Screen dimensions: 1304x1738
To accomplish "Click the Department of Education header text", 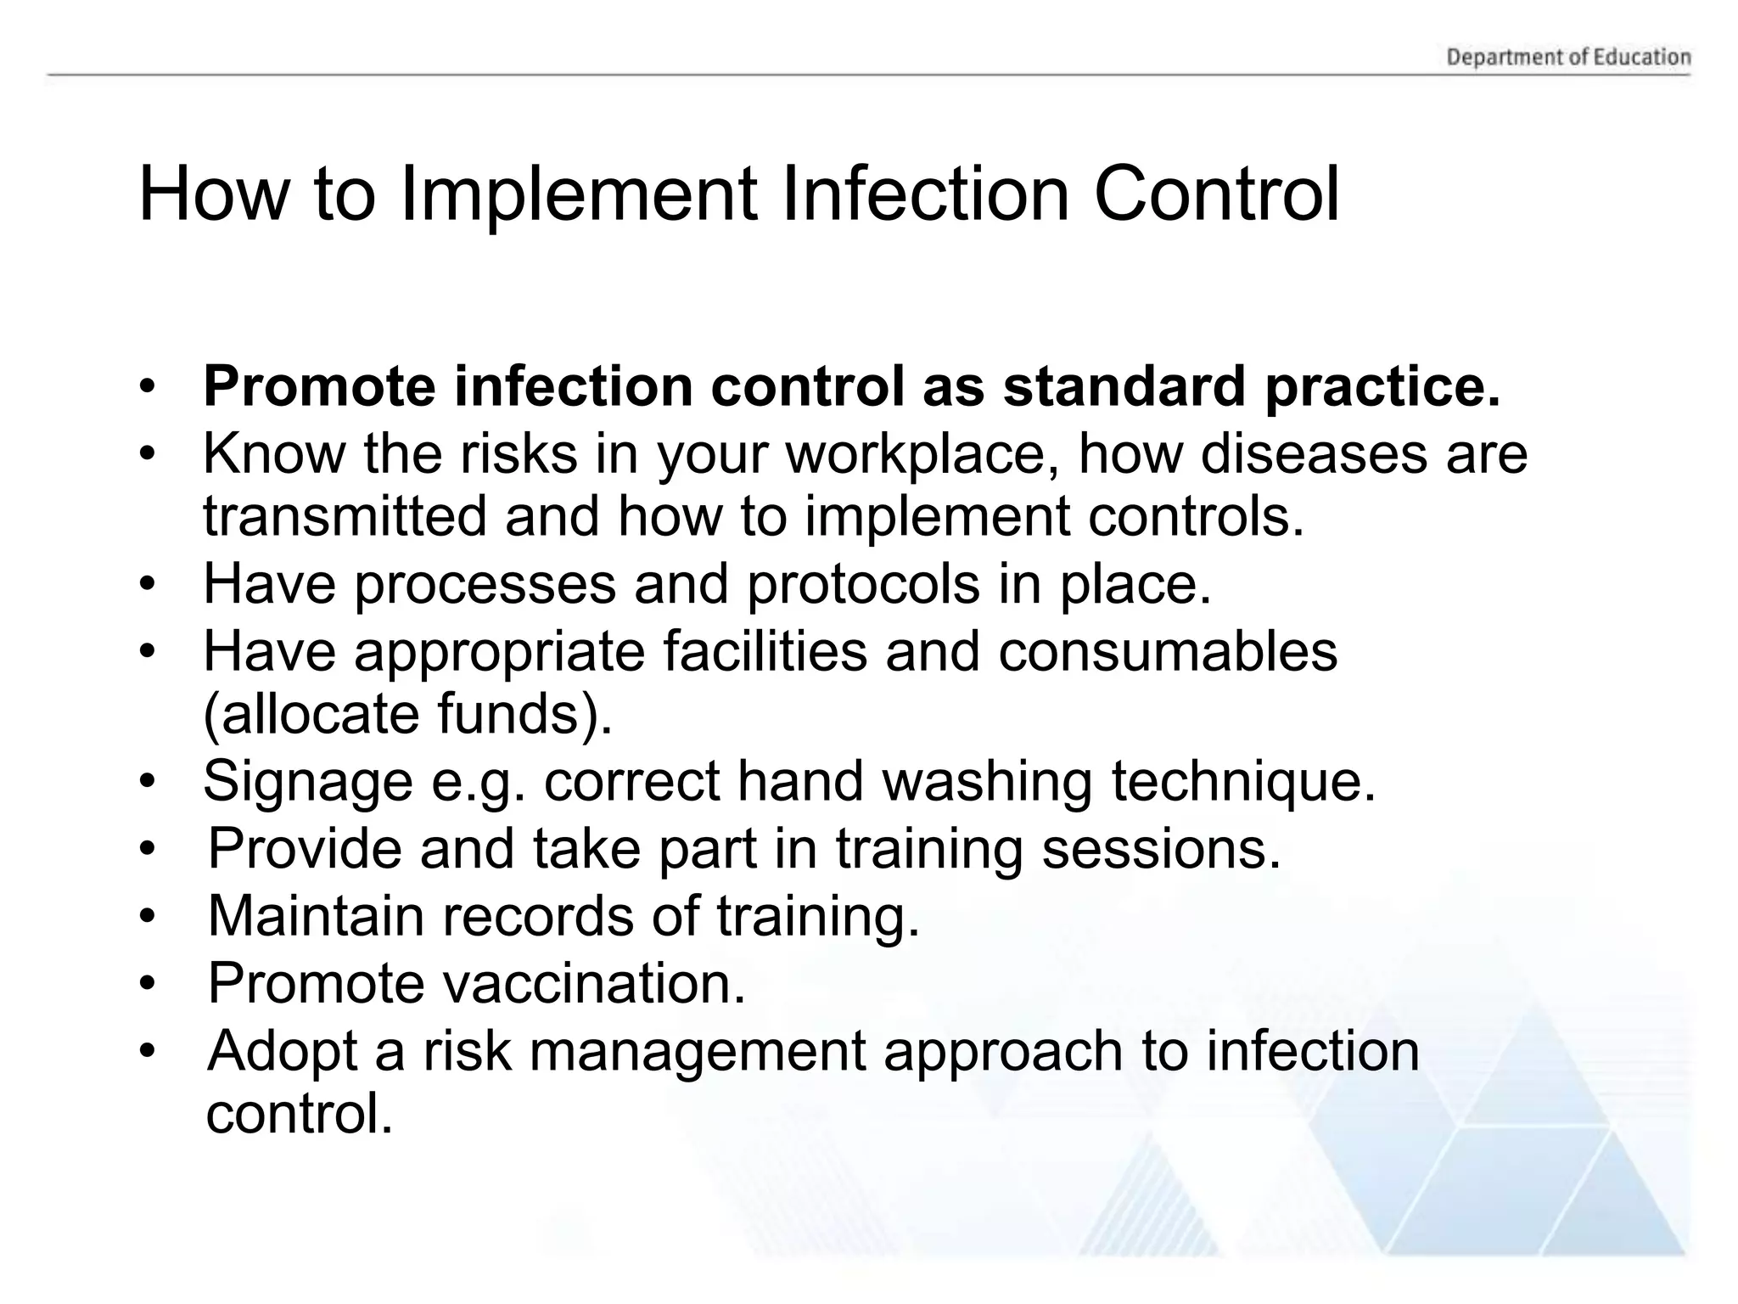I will click(1568, 58).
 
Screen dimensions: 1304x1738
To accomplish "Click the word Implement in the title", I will click(578, 194).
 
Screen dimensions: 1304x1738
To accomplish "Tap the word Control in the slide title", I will click(1216, 194).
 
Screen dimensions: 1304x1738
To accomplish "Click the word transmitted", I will click(345, 516).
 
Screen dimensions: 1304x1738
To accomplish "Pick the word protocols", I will click(862, 584).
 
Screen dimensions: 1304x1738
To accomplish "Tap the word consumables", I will click(1167, 652).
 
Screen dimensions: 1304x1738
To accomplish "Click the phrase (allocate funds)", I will click(407, 714).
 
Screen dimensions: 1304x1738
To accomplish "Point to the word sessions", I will click(1160, 849).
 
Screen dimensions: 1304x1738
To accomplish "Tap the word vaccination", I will click(594, 984).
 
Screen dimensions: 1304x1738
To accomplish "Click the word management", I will click(697, 1051).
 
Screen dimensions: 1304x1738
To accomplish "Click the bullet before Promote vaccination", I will click(149, 985).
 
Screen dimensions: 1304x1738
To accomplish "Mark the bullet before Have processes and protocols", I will click(149, 585).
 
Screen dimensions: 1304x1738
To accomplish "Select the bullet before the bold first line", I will click(149, 387).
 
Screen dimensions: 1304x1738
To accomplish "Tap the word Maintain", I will click(316, 917).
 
